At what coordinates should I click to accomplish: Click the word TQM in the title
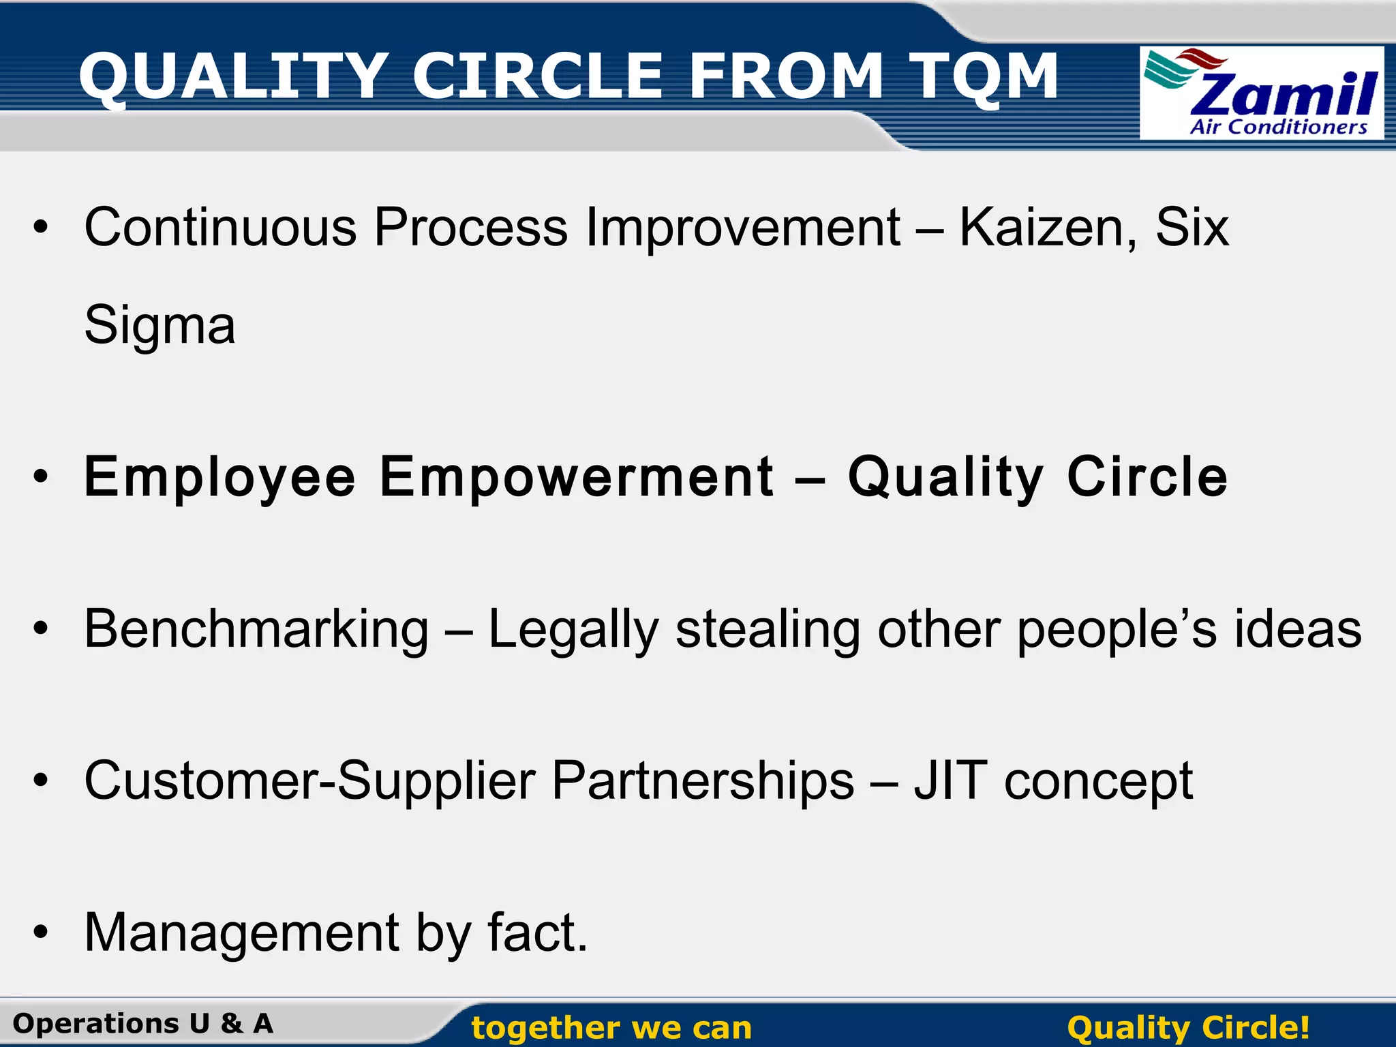click(x=983, y=76)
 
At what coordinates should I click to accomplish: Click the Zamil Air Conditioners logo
click(x=1261, y=93)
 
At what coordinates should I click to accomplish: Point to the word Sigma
click(x=160, y=326)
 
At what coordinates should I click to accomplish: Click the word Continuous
click(x=220, y=227)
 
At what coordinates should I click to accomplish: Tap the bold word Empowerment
click(x=576, y=477)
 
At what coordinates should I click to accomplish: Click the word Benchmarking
click(x=256, y=629)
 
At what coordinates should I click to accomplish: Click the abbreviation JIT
click(x=950, y=780)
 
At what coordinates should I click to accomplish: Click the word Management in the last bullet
click(x=241, y=933)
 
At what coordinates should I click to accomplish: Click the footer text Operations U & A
click(x=143, y=1024)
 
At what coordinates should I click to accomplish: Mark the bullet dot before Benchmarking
click(x=42, y=628)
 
